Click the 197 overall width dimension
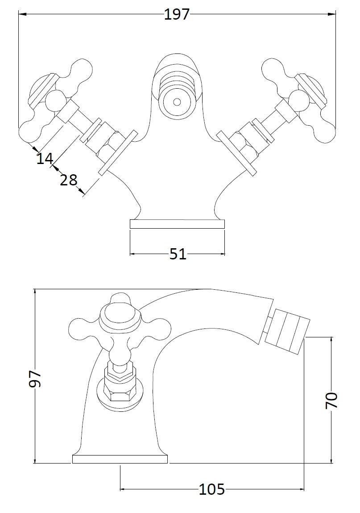177,15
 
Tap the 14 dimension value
45,158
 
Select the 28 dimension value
68,180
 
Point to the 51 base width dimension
178,254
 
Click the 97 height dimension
35,378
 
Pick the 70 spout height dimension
331,401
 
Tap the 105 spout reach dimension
211,489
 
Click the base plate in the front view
177,224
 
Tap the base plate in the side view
120,459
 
